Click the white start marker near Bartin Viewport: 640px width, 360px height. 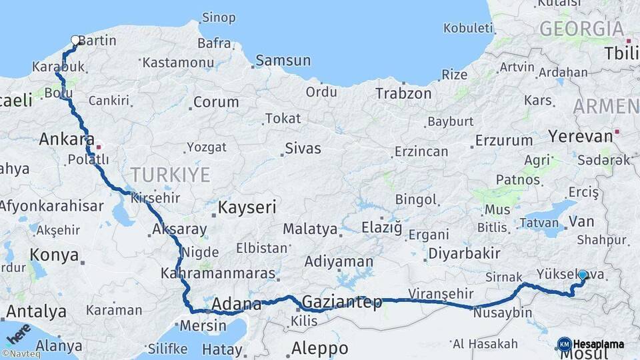click(x=75, y=40)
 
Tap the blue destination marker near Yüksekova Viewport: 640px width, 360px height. click(x=583, y=275)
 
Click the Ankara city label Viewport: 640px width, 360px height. click(x=66, y=139)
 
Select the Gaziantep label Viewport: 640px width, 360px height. click(x=342, y=302)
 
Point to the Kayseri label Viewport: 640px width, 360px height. click(x=247, y=207)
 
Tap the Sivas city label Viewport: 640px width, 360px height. click(x=303, y=148)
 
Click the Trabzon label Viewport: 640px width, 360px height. click(x=403, y=93)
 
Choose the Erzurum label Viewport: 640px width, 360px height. click(x=503, y=141)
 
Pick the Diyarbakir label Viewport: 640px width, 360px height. click(x=464, y=253)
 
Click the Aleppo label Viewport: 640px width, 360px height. click(x=319, y=348)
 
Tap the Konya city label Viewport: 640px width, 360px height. click(x=54, y=255)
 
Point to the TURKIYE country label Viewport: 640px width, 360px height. click(x=170, y=175)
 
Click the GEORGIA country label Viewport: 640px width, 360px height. click(x=581, y=29)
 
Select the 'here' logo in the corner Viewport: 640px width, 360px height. click(x=19, y=331)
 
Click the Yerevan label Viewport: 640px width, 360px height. click(x=580, y=136)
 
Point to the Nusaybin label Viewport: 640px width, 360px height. click(x=503, y=313)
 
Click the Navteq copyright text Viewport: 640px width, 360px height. click(x=21, y=354)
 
